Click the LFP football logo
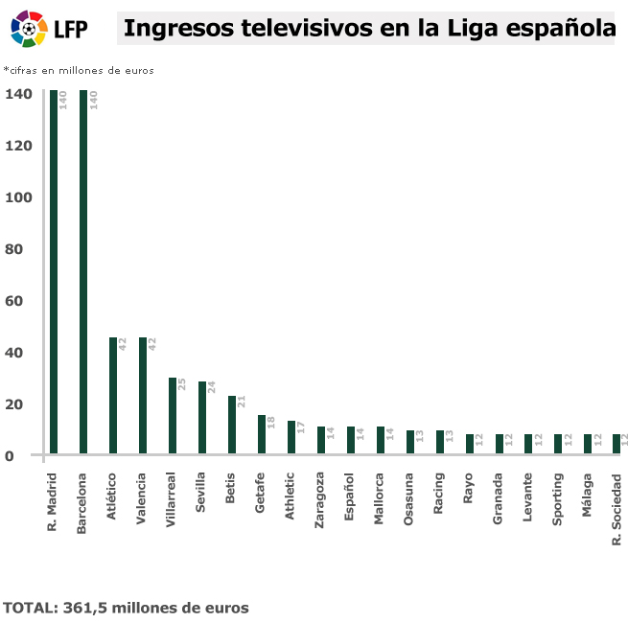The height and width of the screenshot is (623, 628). click(x=29, y=30)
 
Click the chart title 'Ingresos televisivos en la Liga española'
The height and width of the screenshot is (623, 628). click(x=369, y=29)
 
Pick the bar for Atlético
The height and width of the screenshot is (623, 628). click(x=113, y=395)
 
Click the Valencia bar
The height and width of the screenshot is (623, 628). click(x=143, y=395)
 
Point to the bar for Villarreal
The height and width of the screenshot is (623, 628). click(x=173, y=415)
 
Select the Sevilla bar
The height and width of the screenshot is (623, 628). click(x=202, y=417)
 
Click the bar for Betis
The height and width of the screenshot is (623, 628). click(x=232, y=425)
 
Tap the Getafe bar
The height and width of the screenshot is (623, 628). click(x=262, y=434)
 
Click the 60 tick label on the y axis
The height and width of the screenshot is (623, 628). click(x=23, y=301)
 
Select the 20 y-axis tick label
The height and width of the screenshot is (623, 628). click(x=23, y=404)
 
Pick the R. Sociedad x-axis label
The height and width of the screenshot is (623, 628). click(x=618, y=508)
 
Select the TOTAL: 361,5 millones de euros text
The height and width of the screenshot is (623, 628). click(x=126, y=608)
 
